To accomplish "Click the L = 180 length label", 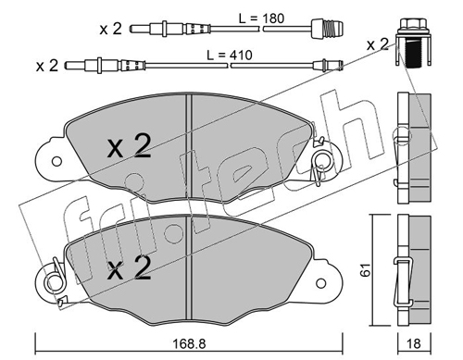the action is click(261, 19).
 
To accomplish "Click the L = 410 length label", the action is click(230, 56).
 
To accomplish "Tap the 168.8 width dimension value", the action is click(189, 343).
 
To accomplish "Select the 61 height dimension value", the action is click(367, 270).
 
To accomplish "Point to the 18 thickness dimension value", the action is click(414, 343).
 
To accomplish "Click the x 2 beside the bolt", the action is click(378, 45).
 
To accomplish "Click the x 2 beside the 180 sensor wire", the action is click(111, 30).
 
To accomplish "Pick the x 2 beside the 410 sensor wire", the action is click(47, 66).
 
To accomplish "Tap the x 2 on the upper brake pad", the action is click(129, 146).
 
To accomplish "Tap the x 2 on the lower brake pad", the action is click(129, 267).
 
